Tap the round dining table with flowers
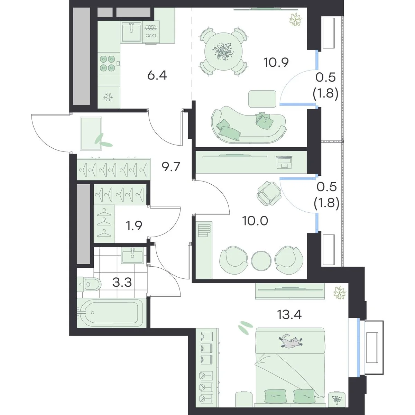(223, 52)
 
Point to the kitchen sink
(131, 32)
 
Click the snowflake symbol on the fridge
(108, 97)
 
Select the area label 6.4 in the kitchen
(157, 76)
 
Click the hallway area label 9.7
(171, 167)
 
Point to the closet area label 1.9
(134, 226)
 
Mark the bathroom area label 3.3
(122, 283)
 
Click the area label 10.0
(255, 221)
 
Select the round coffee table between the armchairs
(261, 260)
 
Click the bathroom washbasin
(132, 255)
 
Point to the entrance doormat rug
(91, 133)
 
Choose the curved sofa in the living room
(249, 124)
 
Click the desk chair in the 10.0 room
(269, 193)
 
